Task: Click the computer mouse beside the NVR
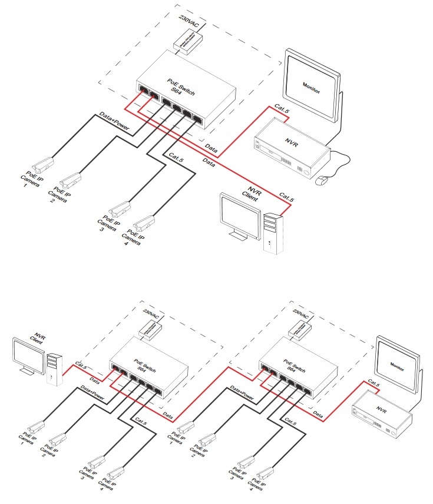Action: tap(323, 180)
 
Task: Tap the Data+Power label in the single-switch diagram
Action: tap(114, 120)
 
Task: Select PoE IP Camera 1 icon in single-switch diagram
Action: tap(43, 162)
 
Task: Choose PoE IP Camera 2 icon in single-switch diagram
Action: tap(70, 178)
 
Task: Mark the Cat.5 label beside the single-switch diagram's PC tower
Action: tap(286, 198)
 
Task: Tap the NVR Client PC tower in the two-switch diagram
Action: tap(54, 368)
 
